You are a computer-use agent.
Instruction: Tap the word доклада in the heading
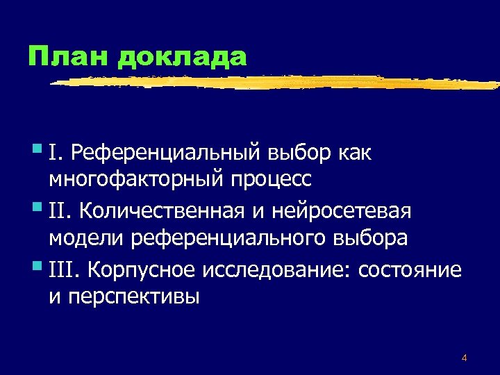coord(183,58)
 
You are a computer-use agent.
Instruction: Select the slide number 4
coord(464,358)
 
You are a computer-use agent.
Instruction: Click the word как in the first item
coord(356,152)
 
